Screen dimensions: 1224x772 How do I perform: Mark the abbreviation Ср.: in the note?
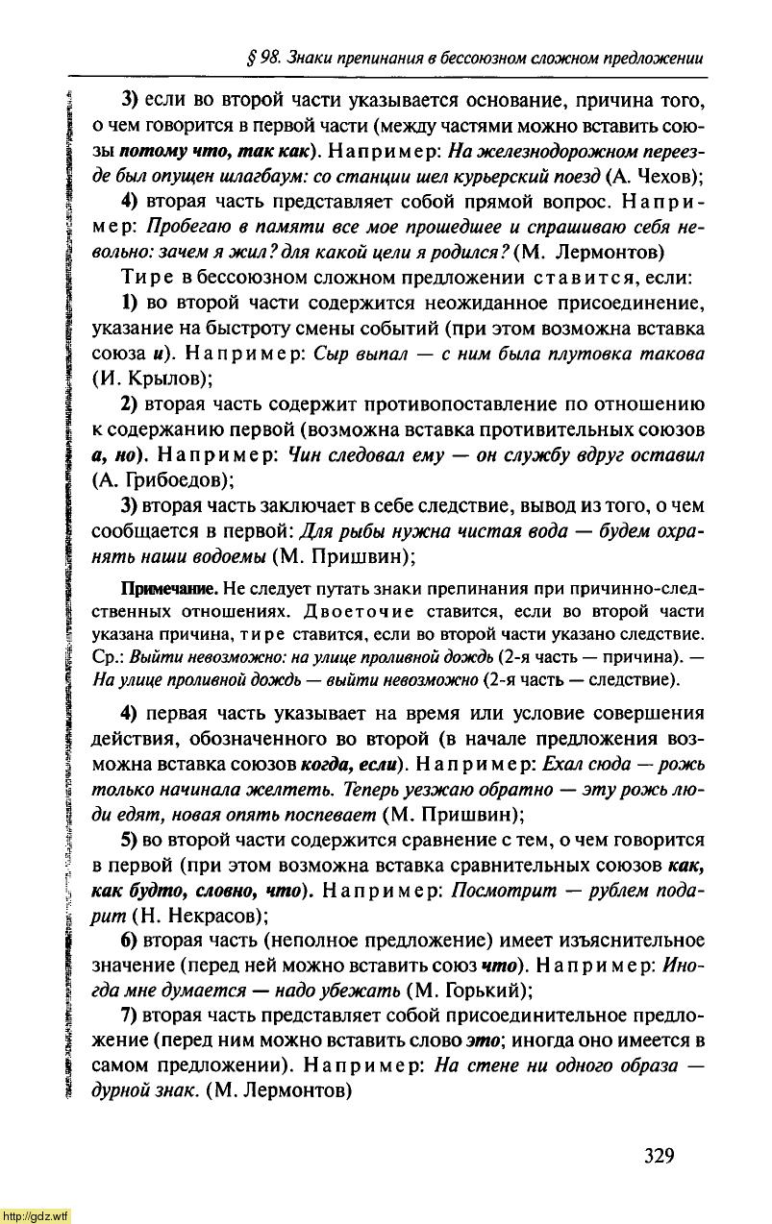pyautogui.click(x=107, y=657)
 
